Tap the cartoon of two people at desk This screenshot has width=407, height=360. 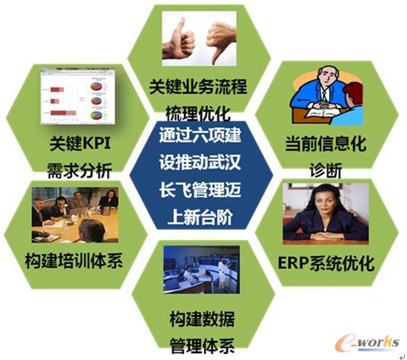[x=326, y=96]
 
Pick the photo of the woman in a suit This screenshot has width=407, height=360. [x=326, y=212]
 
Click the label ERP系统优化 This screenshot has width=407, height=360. [x=326, y=263]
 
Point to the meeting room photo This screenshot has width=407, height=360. [x=74, y=216]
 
